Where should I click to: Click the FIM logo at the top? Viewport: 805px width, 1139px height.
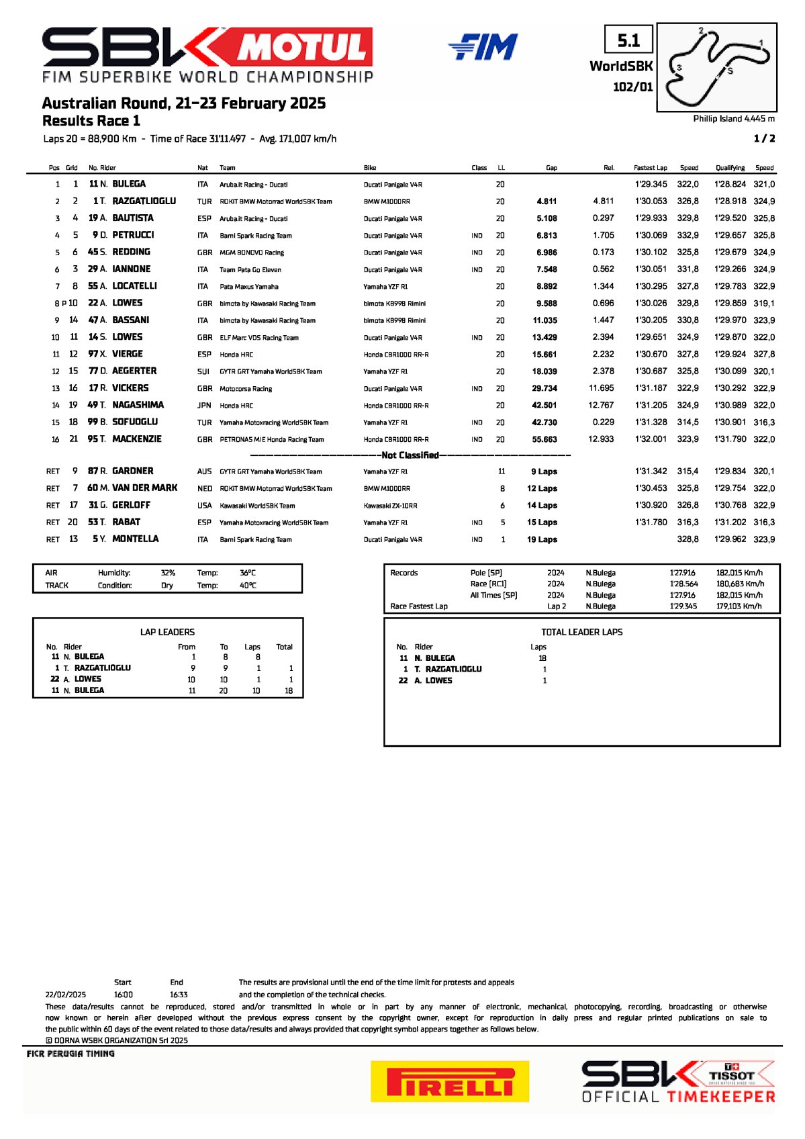click(483, 47)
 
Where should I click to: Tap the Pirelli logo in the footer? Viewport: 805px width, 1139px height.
click(449, 1081)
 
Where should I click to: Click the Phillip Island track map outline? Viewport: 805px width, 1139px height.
click(717, 66)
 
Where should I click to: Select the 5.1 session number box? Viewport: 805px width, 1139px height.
click(628, 41)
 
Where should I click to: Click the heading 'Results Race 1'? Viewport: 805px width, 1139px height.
click(91, 121)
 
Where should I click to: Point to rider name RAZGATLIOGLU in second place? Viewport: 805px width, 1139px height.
click(144, 201)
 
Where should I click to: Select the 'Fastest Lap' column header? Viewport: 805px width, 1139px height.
click(650, 168)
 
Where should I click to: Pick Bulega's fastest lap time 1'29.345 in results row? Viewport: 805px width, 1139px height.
click(651, 184)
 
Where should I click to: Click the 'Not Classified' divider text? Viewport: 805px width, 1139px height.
click(410, 455)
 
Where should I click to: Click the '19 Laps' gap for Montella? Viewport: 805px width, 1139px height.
click(542, 539)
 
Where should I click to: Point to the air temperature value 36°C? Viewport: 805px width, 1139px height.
click(247, 573)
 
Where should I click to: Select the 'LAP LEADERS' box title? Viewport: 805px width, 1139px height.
click(167, 632)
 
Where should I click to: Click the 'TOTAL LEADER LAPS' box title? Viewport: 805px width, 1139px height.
click(581, 632)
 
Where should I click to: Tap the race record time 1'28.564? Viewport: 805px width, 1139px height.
click(683, 584)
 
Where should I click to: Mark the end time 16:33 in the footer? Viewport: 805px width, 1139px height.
click(179, 995)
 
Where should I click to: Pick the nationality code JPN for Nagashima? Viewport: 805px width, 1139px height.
click(204, 406)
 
